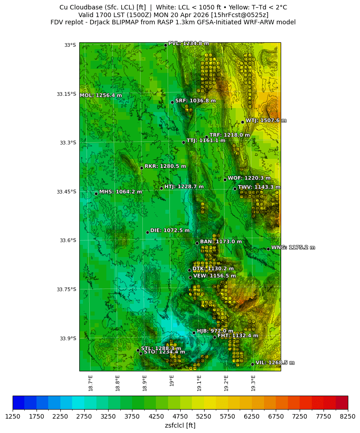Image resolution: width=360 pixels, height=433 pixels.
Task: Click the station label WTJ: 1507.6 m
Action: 266,121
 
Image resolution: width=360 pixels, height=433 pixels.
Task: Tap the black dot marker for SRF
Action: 172,102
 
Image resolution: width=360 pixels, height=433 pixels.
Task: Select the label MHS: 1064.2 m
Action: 120,192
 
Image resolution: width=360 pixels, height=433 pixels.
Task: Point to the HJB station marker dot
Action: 194,333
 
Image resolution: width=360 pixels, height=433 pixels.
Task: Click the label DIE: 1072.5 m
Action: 170,230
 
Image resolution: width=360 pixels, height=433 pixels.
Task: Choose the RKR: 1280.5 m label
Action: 165,166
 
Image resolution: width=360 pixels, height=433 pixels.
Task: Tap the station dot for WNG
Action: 268,249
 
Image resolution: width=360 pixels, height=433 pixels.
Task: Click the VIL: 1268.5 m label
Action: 275,363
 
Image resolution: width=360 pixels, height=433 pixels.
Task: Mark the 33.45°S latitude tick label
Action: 66,192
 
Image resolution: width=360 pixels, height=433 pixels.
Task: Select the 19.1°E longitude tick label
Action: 199,383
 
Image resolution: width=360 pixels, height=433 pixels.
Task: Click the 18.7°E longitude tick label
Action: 91,383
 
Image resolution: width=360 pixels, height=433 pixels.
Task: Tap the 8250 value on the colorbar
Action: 347,417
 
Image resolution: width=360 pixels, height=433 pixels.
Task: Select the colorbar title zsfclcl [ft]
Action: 180,425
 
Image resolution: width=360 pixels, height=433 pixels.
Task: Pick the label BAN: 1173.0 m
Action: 221,242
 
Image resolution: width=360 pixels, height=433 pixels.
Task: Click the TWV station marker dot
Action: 235,189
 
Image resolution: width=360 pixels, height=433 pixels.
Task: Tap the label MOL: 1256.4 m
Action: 101,95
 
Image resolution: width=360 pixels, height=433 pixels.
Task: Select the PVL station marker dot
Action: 165,45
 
